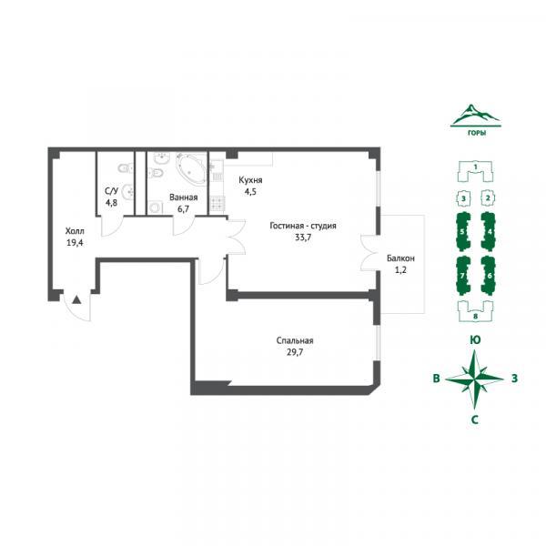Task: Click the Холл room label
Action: (x=75, y=231)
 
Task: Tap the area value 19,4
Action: (x=75, y=243)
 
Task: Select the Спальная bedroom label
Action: (x=295, y=340)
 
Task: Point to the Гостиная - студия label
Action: (x=303, y=226)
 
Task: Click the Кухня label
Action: (x=250, y=180)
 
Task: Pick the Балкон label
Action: (x=400, y=258)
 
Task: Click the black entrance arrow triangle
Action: (x=76, y=299)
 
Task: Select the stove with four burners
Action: (x=218, y=204)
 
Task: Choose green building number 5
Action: (x=463, y=231)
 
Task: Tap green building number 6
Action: (x=488, y=276)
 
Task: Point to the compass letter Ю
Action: (x=475, y=339)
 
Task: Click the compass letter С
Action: (x=475, y=420)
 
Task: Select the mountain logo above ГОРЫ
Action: (x=475, y=115)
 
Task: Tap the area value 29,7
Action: (x=295, y=352)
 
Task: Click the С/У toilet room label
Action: (x=111, y=191)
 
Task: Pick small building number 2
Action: (x=488, y=198)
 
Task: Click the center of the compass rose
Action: (x=475, y=379)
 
